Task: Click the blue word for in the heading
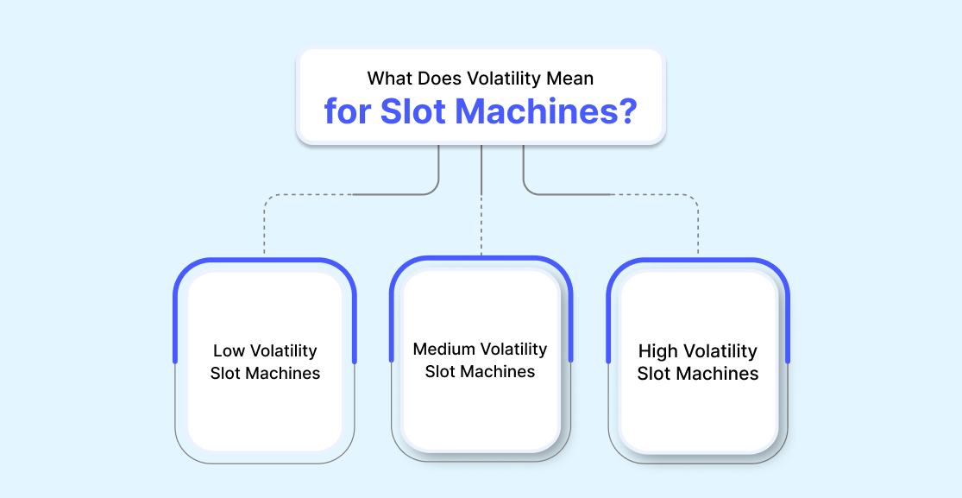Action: coord(348,111)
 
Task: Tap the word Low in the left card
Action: coord(226,351)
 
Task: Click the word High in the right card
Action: coord(657,351)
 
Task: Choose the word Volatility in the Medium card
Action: coord(512,350)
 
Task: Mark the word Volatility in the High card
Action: coord(719,351)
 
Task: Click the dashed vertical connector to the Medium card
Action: coord(481,224)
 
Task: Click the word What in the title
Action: coord(390,79)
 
